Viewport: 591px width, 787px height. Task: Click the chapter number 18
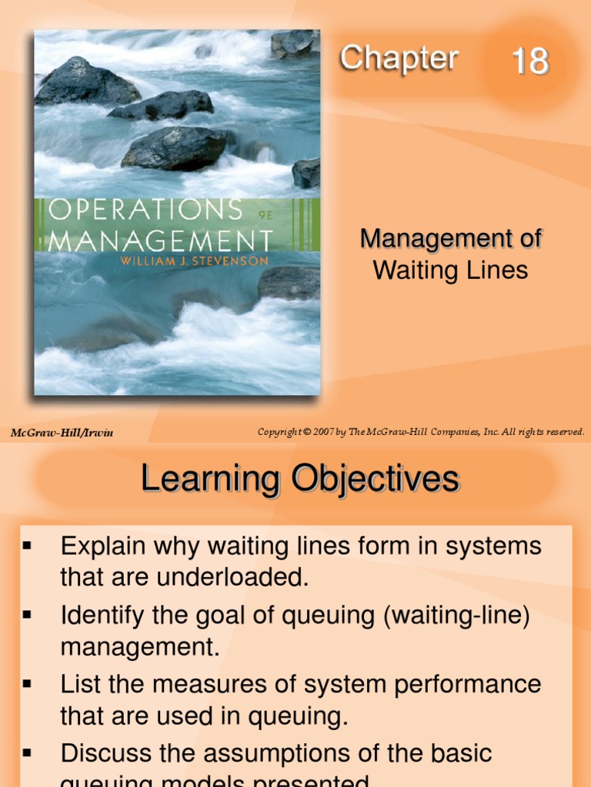click(x=530, y=61)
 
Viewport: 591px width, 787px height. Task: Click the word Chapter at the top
click(x=399, y=58)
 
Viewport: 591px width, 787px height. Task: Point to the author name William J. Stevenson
click(x=193, y=261)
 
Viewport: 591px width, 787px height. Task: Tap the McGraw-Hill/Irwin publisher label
click(x=62, y=433)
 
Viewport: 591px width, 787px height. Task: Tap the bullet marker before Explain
click(x=27, y=546)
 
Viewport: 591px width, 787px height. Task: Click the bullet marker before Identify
click(x=27, y=615)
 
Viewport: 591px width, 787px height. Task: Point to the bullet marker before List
click(x=27, y=683)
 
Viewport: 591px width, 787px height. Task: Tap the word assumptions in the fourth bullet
click(x=308, y=752)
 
